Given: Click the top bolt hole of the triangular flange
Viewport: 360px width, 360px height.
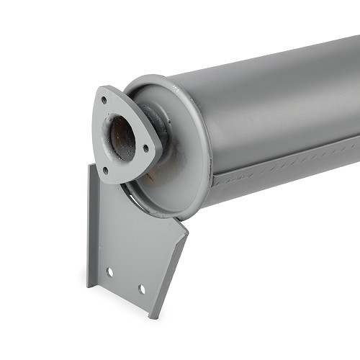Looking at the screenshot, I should (104, 100).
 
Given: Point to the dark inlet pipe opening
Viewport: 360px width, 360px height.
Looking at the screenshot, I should (122, 137).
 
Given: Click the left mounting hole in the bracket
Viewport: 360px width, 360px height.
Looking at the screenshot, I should (109, 273).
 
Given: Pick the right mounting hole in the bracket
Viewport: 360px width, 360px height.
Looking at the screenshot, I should (141, 289).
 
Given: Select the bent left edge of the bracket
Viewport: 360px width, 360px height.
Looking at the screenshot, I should (91, 223).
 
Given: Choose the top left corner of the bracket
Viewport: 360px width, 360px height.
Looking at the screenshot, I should (90, 165).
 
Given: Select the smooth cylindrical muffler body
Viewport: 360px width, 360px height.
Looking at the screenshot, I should (274, 94).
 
